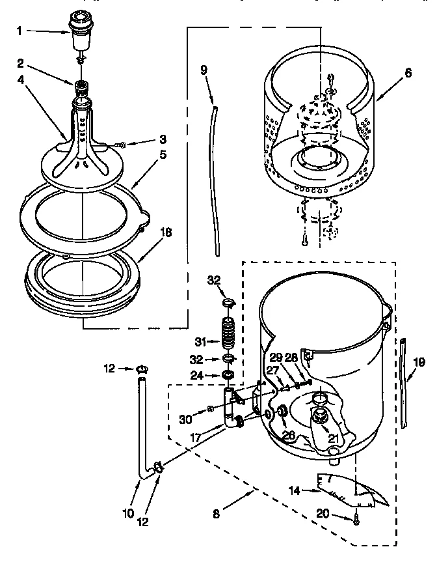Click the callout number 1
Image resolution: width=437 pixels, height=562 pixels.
pyautogui.click(x=20, y=31)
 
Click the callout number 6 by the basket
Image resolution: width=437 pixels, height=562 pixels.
pyautogui.click(x=408, y=74)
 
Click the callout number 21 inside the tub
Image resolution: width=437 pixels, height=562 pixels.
pyautogui.click(x=333, y=438)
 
